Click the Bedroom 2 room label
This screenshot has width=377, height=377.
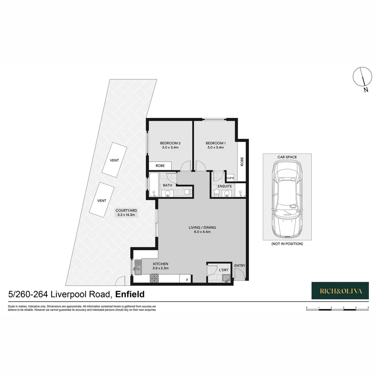click(170, 143)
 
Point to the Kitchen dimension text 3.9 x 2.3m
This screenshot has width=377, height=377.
click(161, 268)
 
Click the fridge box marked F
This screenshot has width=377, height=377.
click(187, 280)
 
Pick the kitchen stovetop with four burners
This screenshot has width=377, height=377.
click(154, 279)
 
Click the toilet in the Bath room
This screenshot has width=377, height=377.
click(187, 192)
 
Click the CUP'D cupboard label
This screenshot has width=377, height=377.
click(230, 178)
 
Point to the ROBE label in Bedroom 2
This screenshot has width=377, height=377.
click(160, 165)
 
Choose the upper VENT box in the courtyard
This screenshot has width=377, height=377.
click(114, 161)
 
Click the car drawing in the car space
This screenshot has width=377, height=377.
click(286, 199)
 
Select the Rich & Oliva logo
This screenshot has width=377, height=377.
click(340, 290)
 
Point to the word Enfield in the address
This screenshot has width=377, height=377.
click(130, 294)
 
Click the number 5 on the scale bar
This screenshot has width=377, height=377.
click(368, 307)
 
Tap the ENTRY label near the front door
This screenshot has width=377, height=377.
click(239, 266)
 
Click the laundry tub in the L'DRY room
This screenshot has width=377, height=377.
click(226, 278)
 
